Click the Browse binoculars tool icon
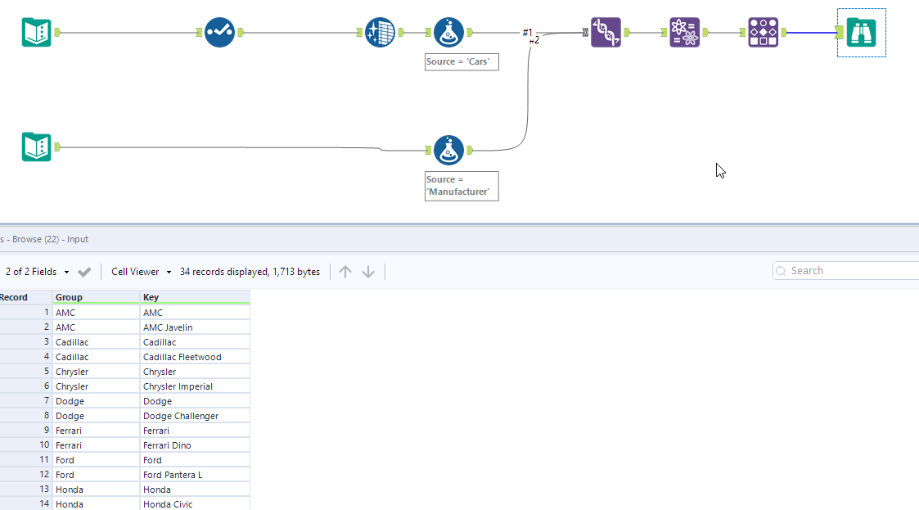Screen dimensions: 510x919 pos(861,33)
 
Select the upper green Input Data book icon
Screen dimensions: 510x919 pos(36,33)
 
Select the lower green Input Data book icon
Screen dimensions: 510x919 pos(36,147)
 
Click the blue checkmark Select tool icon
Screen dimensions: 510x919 pos(219,33)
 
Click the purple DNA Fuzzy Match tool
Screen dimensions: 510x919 pos(606,33)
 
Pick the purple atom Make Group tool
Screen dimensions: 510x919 pos(684,33)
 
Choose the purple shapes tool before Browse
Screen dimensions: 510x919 pos(763,33)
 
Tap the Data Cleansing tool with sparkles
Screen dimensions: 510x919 pos(380,33)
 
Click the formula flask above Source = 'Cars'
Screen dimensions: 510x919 pos(448,33)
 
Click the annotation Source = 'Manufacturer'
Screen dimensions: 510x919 pos(461,185)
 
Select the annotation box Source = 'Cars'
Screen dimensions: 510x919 pos(461,62)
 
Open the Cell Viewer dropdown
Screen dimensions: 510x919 pos(141,272)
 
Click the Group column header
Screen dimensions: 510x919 pos(95,297)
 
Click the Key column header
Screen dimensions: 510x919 pos(194,297)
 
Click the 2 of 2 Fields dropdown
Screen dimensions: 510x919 pos(36,272)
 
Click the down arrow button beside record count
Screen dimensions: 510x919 pos(368,272)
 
